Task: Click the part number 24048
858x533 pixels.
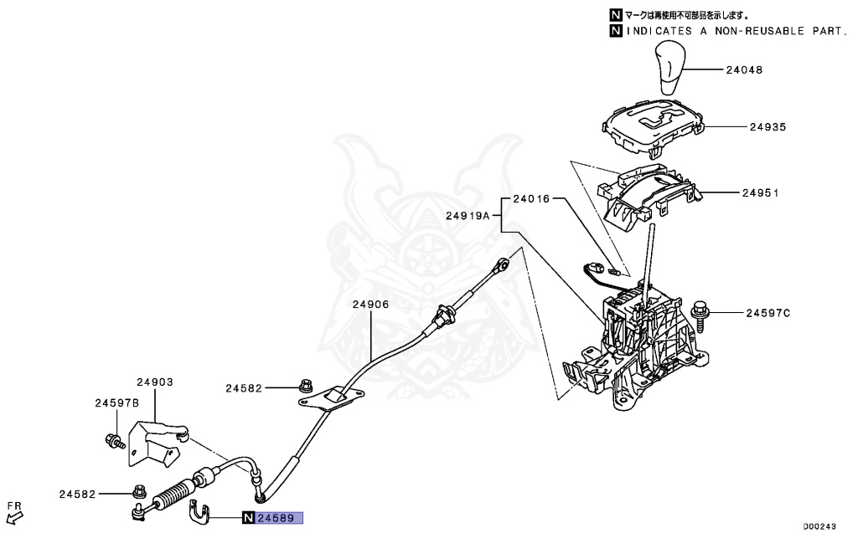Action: [744, 70]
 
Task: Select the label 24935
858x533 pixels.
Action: [768, 127]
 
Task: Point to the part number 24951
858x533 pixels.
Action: [760, 192]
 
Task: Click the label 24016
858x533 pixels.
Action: [531, 199]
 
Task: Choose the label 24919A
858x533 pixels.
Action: [467, 215]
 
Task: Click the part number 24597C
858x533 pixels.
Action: [768, 313]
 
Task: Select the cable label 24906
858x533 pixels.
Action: [370, 305]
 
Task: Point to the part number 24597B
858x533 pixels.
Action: [116, 402]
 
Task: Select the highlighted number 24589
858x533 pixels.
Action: [279, 518]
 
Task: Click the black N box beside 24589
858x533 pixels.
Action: [249, 518]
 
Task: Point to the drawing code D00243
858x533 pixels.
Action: [819, 526]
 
